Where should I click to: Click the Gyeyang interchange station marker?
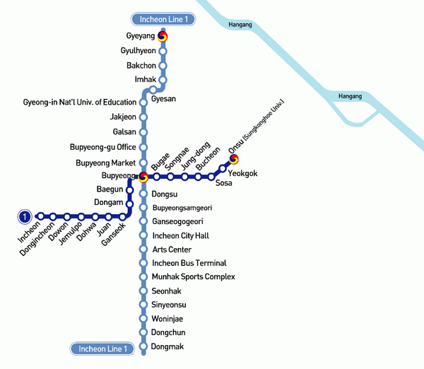[x=163, y=37]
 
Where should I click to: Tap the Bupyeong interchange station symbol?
[x=143, y=177]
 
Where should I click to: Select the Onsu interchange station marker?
[x=234, y=160]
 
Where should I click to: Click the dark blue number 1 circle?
[x=25, y=216]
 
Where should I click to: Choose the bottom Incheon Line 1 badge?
[x=102, y=348]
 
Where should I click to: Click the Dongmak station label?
[x=167, y=346]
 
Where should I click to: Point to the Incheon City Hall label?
[x=182, y=235]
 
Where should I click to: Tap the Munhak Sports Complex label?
[x=194, y=277]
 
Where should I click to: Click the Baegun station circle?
[x=130, y=190]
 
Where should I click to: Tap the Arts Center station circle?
[x=143, y=250]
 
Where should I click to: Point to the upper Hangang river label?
[x=240, y=25]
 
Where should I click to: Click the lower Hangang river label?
[x=350, y=95]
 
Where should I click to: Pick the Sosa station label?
[x=224, y=183]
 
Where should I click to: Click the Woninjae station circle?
[x=143, y=319]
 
